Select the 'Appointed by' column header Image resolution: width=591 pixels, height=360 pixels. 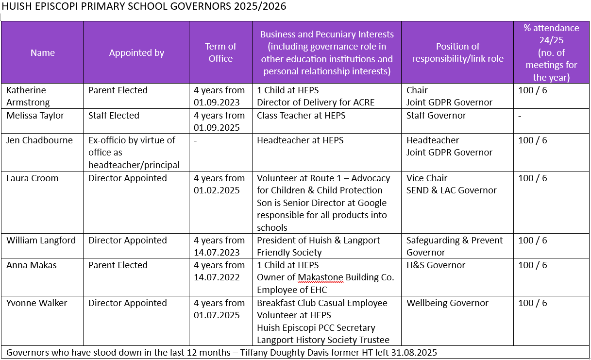click(x=136, y=53)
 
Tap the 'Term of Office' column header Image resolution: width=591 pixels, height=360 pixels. click(x=220, y=52)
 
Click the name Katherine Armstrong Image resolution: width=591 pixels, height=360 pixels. click(x=29, y=96)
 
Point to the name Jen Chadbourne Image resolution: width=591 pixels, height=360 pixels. click(x=39, y=140)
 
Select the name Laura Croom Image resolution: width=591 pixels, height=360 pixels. click(x=32, y=178)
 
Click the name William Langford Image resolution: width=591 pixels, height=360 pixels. click(x=41, y=240)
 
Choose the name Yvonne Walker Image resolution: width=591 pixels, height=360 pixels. click(x=36, y=303)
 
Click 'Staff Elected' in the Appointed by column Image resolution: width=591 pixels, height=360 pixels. click(x=114, y=116)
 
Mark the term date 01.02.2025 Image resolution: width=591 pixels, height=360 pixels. click(x=217, y=190)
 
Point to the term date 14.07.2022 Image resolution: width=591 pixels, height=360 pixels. click(x=217, y=277)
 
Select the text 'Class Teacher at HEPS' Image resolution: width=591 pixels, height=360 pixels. click(x=300, y=116)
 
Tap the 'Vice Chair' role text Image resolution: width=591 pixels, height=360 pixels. click(x=427, y=178)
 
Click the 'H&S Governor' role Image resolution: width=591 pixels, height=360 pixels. click(x=436, y=265)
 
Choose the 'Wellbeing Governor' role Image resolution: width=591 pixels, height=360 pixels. click(x=447, y=303)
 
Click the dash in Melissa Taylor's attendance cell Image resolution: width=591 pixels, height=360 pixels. click(x=520, y=116)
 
